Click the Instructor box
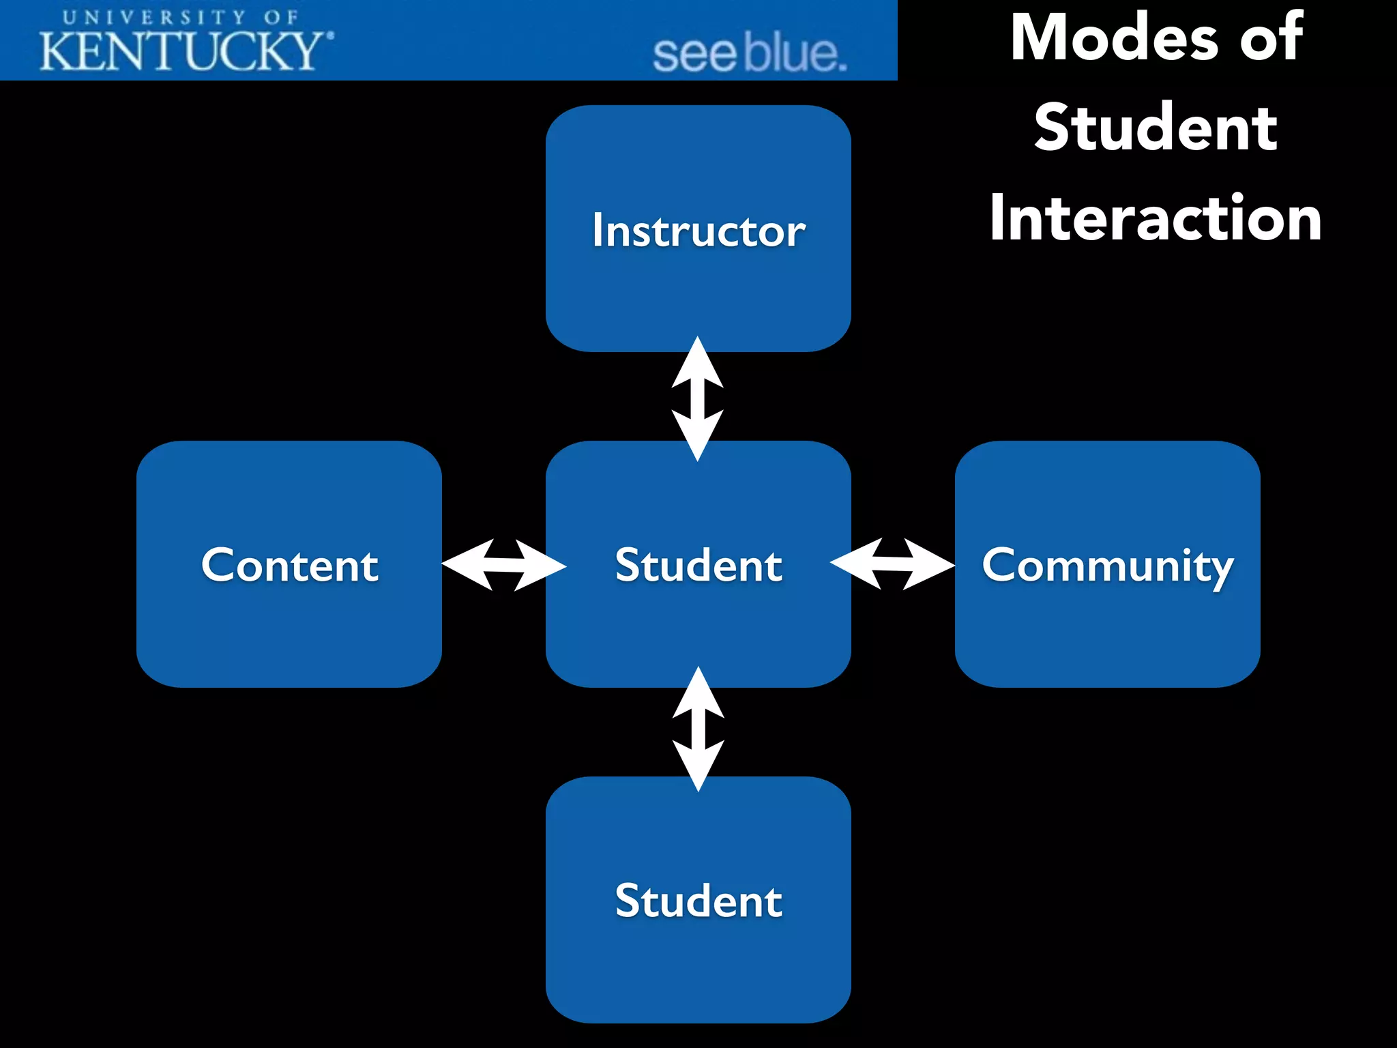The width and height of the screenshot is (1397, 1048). (x=698, y=229)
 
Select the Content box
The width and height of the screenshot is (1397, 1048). (x=289, y=564)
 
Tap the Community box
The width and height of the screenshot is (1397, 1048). (x=1107, y=564)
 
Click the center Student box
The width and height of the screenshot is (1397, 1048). (x=698, y=564)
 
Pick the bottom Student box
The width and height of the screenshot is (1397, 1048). (x=698, y=899)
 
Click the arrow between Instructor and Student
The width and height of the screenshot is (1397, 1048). (x=697, y=398)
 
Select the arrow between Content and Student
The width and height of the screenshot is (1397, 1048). (x=503, y=565)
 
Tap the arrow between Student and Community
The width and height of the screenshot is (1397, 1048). (x=892, y=564)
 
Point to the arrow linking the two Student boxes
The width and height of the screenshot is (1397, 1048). (x=698, y=729)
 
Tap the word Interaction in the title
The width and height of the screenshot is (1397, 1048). (x=1156, y=218)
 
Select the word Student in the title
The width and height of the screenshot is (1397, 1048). (x=1156, y=128)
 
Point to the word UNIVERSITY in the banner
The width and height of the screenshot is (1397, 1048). (x=154, y=17)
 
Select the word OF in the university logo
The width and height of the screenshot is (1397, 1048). (x=281, y=17)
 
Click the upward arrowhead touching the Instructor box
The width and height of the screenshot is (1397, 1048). (x=697, y=362)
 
